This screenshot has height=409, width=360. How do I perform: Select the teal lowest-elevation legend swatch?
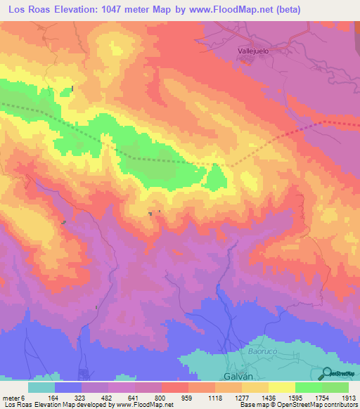click(41, 387)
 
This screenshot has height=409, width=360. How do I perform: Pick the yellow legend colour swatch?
click(281, 387)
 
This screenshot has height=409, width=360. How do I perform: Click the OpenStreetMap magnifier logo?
click(327, 373)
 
